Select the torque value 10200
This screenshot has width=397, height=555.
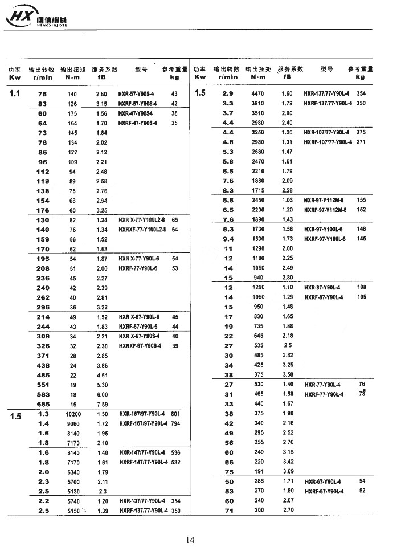pos(73,414)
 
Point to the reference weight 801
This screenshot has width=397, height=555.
pos(175,414)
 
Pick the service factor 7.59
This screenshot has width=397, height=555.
pos(102,404)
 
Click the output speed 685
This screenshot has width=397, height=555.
pos(43,404)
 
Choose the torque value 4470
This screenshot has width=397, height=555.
pos(258,93)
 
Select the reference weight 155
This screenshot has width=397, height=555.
pos(361,201)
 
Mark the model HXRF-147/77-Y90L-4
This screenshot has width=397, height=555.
pos(144,462)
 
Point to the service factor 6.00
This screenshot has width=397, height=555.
pos(102,394)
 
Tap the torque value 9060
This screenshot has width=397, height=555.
pos(73,424)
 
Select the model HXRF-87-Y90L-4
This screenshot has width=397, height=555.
pos(324,297)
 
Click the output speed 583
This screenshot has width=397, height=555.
pos(43,394)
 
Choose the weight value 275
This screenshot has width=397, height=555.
pos(361,132)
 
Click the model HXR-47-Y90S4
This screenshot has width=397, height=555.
pos(137,113)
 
